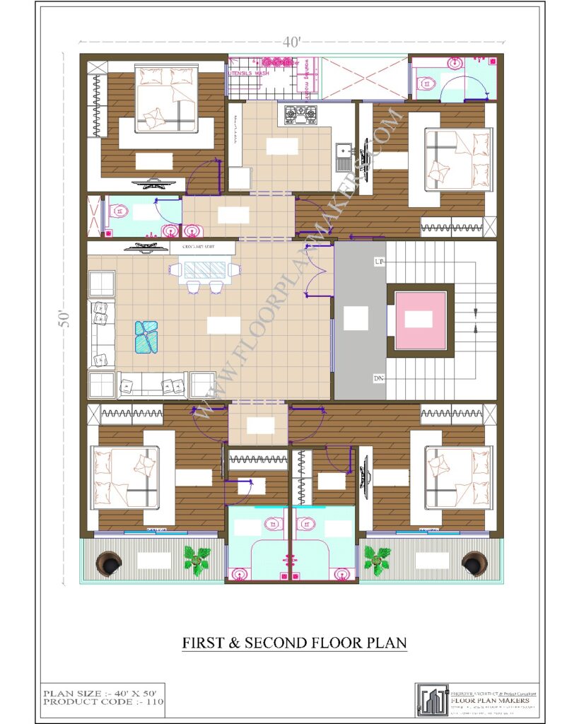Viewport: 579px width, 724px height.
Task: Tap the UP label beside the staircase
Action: pos(379,262)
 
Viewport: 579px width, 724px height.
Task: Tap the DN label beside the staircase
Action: pos(379,379)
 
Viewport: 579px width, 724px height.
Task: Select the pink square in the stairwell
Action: pos(421,320)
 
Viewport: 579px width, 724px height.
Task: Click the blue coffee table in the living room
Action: pos(147,336)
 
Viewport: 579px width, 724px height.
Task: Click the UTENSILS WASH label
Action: pos(248,73)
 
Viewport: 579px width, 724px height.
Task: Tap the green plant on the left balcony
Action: pos(197,559)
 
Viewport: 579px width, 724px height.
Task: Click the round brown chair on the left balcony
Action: pos(110,563)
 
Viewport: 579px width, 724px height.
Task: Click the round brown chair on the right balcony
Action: pos(474,563)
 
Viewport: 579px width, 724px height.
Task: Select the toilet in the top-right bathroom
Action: pos(426,82)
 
